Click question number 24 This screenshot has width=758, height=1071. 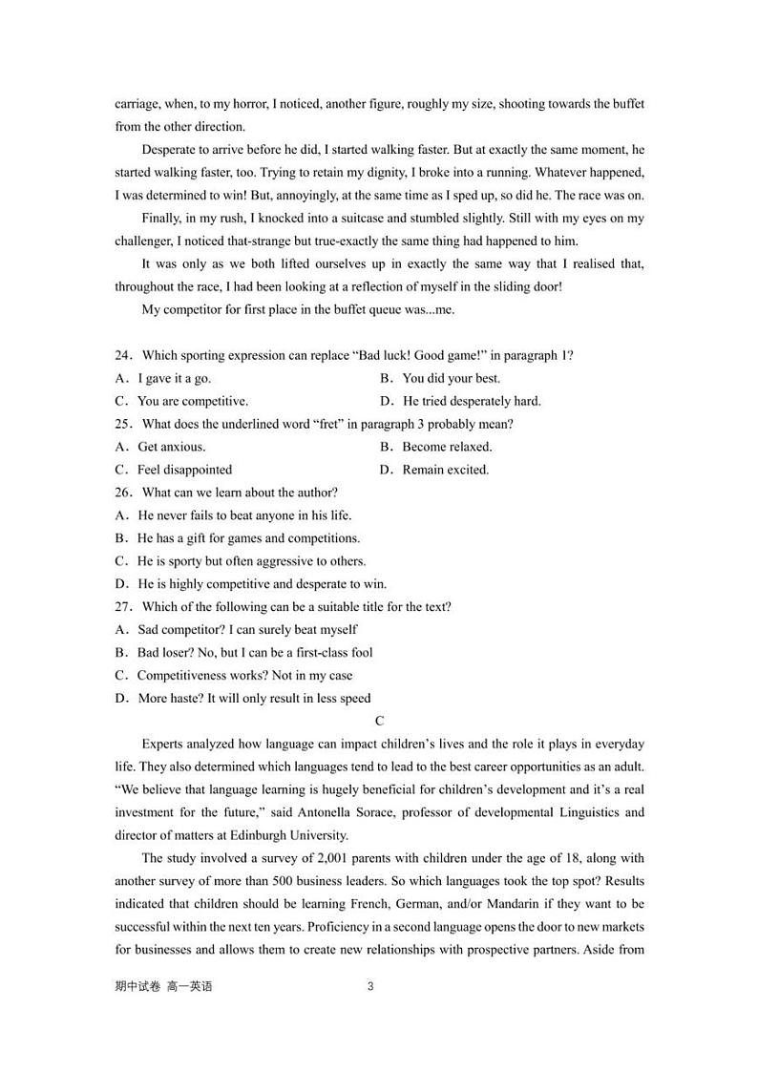(124, 356)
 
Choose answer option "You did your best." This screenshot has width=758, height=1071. (451, 379)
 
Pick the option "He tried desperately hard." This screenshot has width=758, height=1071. (471, 402)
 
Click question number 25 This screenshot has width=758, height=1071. (124, 425)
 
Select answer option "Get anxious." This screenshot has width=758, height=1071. (171, 447)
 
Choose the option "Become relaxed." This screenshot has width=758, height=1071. (447, 447)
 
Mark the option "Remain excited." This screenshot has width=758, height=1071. (445, 470)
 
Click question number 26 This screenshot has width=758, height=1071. (124, 493)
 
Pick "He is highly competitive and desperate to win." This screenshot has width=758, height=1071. (262, 584)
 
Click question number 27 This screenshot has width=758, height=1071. (124, 607)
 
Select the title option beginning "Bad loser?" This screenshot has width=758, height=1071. (255, 653)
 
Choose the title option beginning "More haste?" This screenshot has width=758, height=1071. (254, 699)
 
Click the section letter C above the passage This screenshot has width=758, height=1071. (379, 722)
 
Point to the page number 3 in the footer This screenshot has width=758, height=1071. (370, 987)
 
